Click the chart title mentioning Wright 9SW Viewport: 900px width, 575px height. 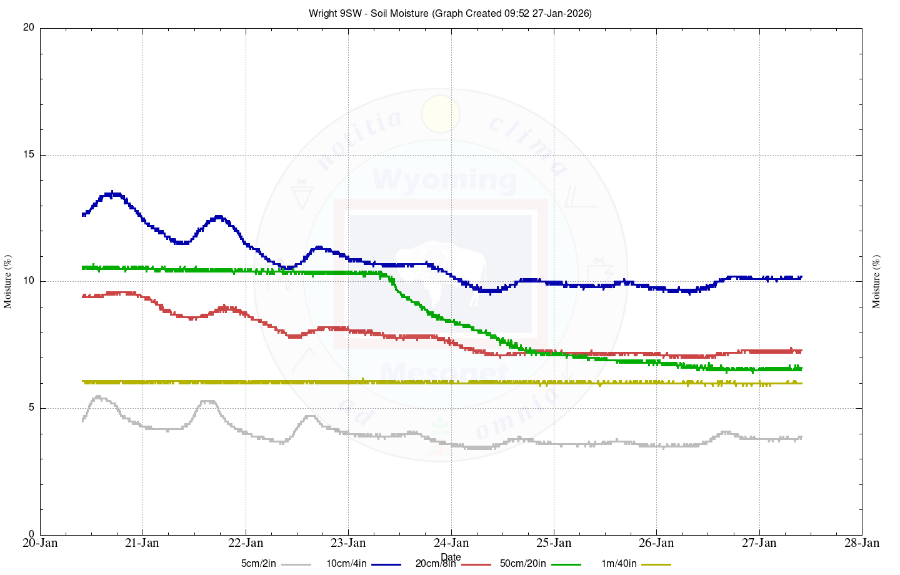point(450,13)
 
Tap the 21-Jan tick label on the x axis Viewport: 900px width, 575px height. point(142,542)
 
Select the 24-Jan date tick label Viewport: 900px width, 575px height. point(451,542)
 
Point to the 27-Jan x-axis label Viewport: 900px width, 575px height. point(759,542)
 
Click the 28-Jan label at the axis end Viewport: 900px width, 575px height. point(862,542)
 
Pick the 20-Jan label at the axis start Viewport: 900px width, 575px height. point(40,542)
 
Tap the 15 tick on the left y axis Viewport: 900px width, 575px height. point(29,155)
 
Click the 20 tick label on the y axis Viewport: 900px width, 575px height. point(29,28)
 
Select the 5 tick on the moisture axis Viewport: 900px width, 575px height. point(31,408)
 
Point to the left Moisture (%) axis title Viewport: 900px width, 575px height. point(8,281)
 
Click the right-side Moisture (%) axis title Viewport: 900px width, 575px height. point(876,281)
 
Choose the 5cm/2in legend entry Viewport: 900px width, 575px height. point(258,564)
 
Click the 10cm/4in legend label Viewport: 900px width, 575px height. point(346,564)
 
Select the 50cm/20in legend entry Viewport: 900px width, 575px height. point(522,564)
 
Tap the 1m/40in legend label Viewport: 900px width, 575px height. point(619,564)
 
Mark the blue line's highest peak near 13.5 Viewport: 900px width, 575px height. point(112,194)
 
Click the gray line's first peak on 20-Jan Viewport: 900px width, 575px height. point(98,397)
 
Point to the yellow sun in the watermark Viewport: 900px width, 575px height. point(441,114)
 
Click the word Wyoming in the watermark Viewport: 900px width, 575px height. point(444,180)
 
